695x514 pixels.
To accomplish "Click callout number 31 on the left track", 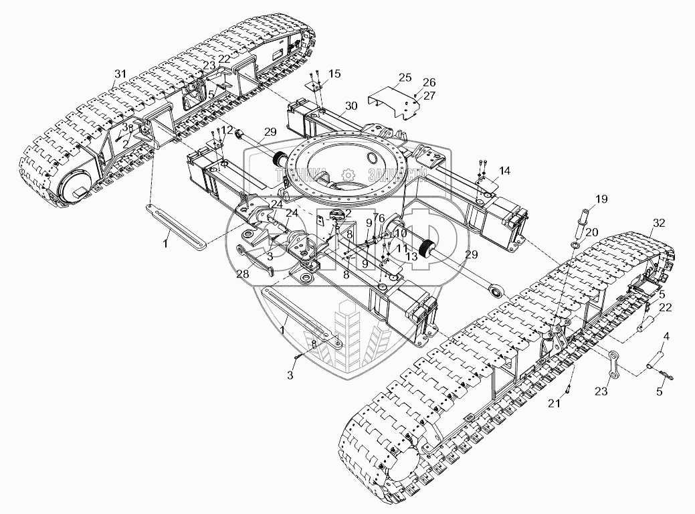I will point(120,72).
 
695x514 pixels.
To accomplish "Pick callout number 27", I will point(429,96).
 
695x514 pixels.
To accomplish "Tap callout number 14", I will point(504,171).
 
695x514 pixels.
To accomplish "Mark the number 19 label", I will point(601,199).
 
